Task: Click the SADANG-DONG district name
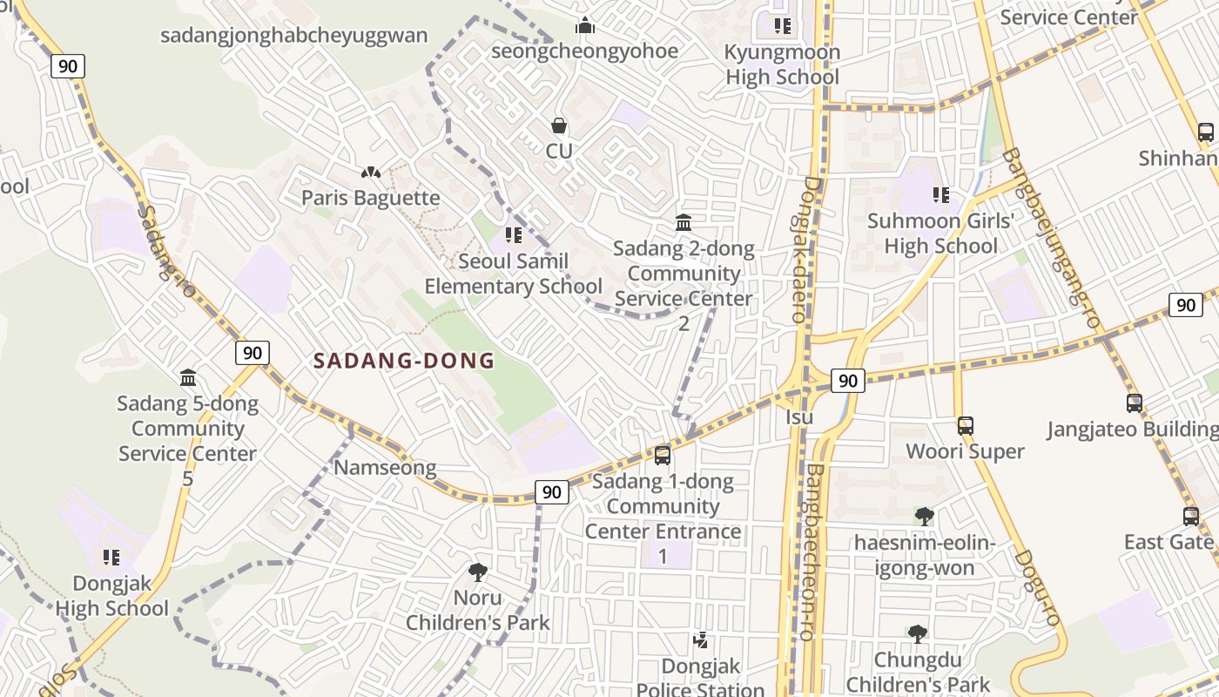coord(403,361)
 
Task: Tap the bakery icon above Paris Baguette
coord(371,173)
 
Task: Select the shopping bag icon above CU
coord(559,126)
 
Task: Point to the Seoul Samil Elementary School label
coord(513,274)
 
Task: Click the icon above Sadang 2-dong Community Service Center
coord(684,223)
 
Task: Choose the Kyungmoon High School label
coord(782,64)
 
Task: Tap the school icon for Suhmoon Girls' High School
coord(940,195)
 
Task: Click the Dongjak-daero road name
coord(805,250)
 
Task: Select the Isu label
coord(799,416)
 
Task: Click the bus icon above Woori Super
coord(965,426)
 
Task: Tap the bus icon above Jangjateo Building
coord(1134,403)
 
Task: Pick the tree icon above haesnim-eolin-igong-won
coord(924,517)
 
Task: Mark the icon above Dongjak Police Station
coord(700,641)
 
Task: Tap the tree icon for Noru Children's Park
coord(477,572)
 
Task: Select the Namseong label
coord(385,468)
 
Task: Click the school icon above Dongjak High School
coord(111,558)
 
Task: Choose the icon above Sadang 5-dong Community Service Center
coord(188,377)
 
